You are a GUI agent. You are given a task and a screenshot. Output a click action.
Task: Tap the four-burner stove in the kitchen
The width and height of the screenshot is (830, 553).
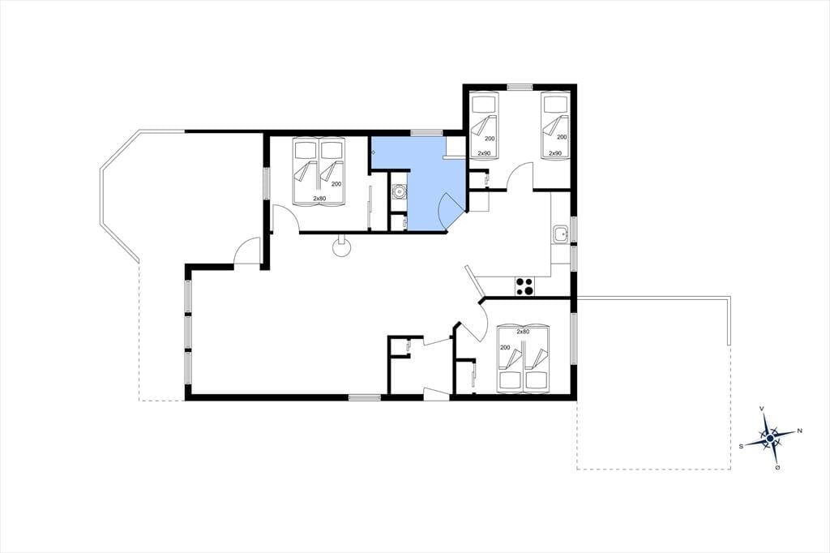click(524, 286)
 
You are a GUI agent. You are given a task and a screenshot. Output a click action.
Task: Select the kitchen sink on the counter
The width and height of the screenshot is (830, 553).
click(560, 234)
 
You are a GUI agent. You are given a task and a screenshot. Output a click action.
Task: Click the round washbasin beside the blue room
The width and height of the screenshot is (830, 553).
click(399, 191)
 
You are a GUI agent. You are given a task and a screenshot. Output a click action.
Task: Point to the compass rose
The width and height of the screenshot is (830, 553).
click(770, 438)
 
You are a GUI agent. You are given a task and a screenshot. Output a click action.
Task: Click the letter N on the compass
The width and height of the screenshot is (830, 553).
click(799, 431)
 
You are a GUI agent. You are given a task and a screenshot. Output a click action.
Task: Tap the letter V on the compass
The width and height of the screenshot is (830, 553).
click(761, 409)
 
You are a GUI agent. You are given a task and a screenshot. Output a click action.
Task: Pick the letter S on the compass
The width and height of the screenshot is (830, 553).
click(741, 446)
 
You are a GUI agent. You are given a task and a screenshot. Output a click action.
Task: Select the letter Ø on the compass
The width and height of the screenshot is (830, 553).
click(777, 468)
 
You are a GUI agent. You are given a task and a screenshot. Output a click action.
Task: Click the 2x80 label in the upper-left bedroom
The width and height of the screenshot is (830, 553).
click(319, 198)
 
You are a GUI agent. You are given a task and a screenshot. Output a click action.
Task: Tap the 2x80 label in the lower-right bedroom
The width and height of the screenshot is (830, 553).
click(523, 332)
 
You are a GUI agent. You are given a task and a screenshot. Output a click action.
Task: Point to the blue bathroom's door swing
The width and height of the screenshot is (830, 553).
click(450, 212)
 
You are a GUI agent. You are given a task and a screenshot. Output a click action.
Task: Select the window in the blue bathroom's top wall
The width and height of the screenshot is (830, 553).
click(426, 132)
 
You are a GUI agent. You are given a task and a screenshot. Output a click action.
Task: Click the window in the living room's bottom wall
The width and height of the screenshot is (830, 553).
click(365, 397)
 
